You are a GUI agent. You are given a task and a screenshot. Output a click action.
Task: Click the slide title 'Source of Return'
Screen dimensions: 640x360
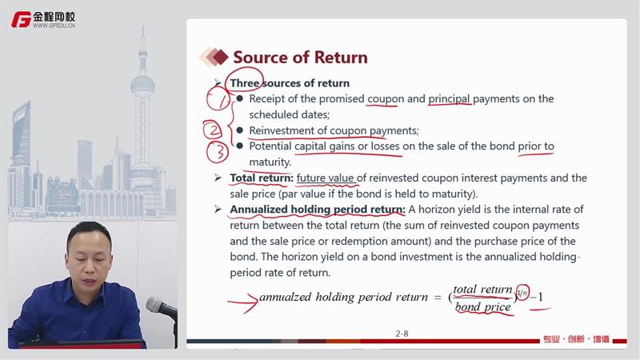point(300,58)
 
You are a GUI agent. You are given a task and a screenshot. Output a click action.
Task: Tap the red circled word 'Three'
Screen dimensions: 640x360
point(245,83)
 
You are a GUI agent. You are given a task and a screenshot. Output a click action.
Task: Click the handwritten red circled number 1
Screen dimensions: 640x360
point(220,99)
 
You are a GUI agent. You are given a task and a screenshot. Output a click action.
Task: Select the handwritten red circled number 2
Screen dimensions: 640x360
point(213,130)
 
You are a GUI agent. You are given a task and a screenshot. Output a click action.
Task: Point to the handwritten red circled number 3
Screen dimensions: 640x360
point(218,152)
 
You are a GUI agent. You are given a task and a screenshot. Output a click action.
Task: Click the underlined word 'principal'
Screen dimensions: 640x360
point(449,99)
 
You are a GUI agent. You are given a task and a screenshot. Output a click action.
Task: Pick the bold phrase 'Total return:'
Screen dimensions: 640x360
point(262,178)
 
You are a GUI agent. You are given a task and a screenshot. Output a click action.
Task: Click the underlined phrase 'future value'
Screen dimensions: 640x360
point(325,178)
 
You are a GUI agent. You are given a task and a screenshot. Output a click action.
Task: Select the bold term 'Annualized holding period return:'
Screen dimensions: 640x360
point(318,210)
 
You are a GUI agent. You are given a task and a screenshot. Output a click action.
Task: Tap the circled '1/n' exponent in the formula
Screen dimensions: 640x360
point(522,292)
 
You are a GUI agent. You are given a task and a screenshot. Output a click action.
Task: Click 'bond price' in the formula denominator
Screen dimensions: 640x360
point(482,307)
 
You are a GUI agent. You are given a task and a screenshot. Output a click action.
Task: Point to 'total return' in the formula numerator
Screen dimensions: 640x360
point(482,290)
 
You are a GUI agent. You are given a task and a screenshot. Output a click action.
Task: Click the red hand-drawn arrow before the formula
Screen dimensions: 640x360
point(244,302)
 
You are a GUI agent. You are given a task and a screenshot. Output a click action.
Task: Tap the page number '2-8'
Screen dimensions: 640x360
point(402,334)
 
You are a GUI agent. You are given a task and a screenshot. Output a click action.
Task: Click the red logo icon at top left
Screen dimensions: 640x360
point(22,19)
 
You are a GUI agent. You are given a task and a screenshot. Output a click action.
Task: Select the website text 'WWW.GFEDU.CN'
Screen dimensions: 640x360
point(54,26)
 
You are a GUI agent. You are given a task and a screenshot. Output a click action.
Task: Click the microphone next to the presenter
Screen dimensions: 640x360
point(161,307)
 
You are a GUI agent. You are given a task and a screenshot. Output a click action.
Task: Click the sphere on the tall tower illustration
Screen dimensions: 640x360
point(142,86)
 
